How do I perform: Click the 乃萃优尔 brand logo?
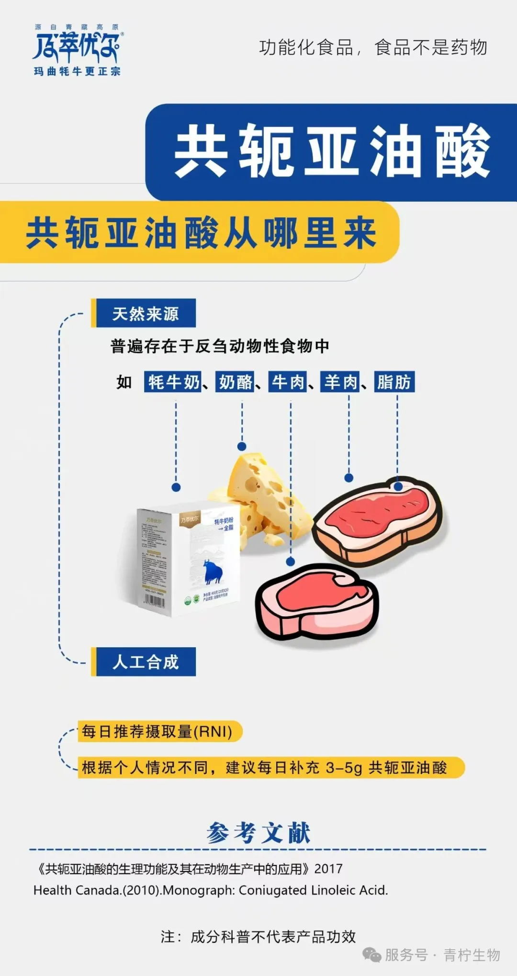tap(77, 50)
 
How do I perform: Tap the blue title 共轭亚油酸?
tap(332, 151)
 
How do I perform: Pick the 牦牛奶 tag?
tap(173, 382)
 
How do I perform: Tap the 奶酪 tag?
tap(235, 382)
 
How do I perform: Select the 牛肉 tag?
tap(288, 382)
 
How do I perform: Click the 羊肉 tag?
tap(340, 382)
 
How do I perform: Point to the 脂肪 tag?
tap(394, 382)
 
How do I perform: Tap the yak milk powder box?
tap(187, 558)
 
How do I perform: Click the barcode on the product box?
tap(155, 600)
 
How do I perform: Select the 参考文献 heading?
tap(258, 833)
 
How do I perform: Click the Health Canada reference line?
tap(211, 890)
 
